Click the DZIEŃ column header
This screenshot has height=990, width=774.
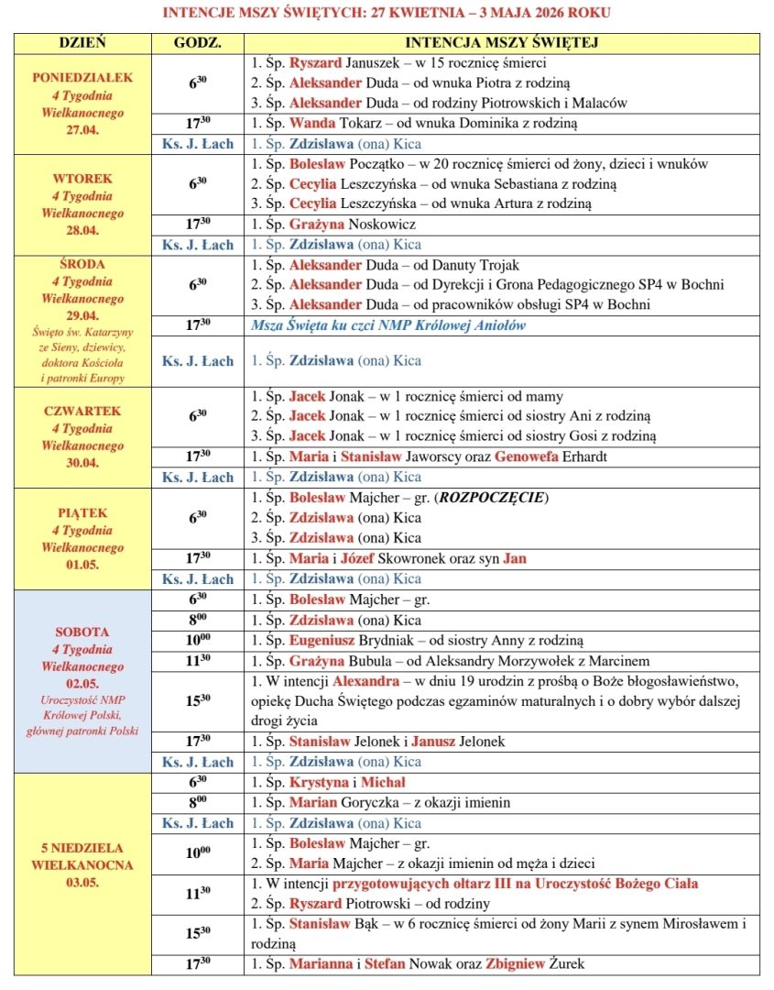point(82,43)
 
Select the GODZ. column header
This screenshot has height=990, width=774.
point(197,43)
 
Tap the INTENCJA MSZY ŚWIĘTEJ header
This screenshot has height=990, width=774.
point(502,43)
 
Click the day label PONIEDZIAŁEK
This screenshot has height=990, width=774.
point(82,77)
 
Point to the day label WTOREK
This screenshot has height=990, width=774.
point(82,179)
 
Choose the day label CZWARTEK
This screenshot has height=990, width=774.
point(82,411)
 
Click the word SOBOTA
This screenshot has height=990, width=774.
point(82,632)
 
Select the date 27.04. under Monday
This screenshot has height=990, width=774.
point(82,129)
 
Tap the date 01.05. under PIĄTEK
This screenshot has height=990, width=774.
point(82,565)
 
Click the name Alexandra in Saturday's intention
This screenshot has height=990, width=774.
point(365,681)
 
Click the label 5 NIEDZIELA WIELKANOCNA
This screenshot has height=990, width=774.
point(82,856)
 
